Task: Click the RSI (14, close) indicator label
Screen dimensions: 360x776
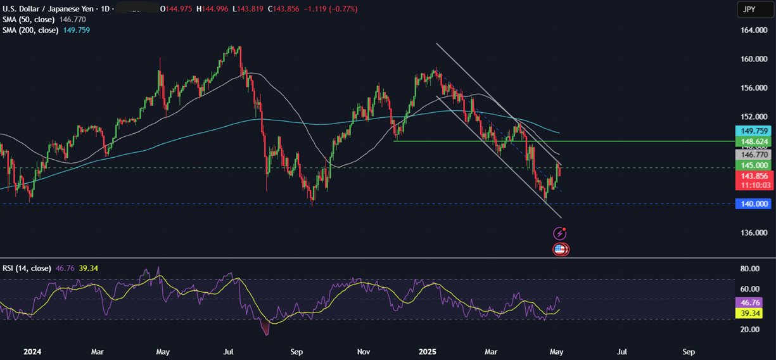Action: (x=27, y=268)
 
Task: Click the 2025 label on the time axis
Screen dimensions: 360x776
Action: (x=428, y=351)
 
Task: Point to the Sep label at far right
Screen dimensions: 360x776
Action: (x=689, y=351)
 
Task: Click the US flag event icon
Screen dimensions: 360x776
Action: (x=560, y=249)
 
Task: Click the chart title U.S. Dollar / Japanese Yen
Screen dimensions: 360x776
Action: (x=48, y=9)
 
